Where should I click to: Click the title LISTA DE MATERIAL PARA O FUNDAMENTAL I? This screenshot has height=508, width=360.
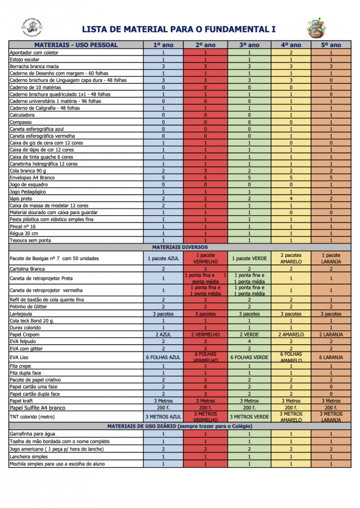coord(179,29)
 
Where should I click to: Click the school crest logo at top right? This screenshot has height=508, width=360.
coord(316,27)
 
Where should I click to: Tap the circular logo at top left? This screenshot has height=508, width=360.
coord(32,27)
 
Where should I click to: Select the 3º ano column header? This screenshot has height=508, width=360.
coord(249,45)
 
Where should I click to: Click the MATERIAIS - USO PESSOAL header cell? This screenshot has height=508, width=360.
coord(76,45)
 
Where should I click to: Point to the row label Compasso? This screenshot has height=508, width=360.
coord(21,122)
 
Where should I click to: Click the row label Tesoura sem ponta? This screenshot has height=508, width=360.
coord(30,240)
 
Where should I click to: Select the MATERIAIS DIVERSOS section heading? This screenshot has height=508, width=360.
coord(179,247)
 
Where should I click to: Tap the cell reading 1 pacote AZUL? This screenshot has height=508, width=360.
coord(163,258)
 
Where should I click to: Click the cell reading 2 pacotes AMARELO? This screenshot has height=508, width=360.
coord(291,258)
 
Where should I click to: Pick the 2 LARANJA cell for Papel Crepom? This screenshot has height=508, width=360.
coord(331,335)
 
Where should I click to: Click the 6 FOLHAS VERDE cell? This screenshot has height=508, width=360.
coord(249,357)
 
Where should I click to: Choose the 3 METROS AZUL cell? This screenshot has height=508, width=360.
coord(163,417)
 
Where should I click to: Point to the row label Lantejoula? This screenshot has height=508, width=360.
coord(21,314)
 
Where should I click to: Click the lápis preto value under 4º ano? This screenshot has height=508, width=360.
coord(291,198)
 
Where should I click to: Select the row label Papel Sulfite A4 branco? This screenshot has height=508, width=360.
coord(38,407)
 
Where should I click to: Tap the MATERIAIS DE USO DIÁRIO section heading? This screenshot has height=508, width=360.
coord(179,426)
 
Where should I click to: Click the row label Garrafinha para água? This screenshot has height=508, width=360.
coord(33,434)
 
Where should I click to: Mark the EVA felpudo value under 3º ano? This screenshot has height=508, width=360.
coord(249,341)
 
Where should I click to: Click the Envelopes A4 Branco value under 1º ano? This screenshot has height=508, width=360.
coord(163,178)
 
